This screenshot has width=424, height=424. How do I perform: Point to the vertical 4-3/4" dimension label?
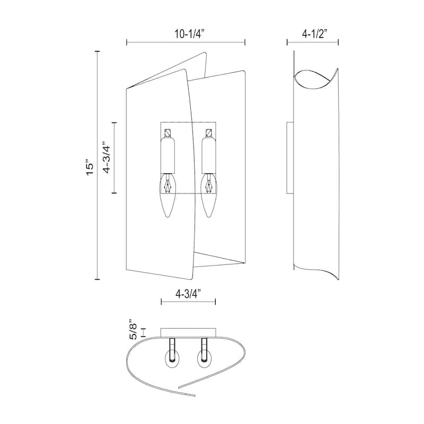point(108,157)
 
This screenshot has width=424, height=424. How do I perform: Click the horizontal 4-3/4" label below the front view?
point(188,292)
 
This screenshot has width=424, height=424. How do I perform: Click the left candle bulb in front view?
point(168,197)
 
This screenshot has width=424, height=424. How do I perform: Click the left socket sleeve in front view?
point(169,154)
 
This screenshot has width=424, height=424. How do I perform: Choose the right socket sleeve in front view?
point(208,154)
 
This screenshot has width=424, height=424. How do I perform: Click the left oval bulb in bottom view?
point(173,359)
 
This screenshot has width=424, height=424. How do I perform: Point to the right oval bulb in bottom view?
point(204,359)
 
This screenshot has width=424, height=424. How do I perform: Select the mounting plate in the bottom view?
point(188,332)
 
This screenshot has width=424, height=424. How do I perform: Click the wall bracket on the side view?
point(289,157)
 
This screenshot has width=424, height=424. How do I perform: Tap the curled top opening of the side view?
point(314,79)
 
